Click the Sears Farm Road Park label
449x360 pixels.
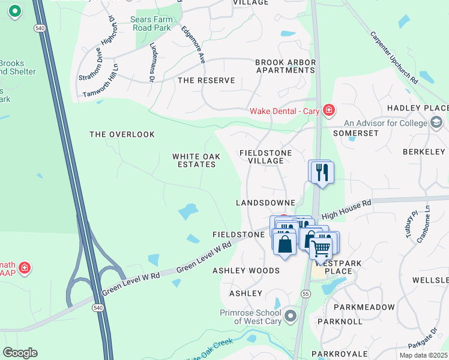(x=151, y=23)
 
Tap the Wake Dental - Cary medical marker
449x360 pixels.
(x=328, y=110)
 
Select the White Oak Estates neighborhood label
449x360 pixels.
(x=196, y=160)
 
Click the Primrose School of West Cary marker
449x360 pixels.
(x=291, y=315)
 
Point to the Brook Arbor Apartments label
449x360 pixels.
(x=285, y=66)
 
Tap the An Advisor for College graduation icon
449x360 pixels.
(x=437, y=123)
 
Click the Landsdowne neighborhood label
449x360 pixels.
(x=265, y=203)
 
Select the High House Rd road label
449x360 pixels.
(x=346, y=211)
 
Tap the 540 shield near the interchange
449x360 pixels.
(x=98, y=307)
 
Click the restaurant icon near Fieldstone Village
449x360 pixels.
(x=321, y=172)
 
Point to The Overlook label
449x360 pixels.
(x=122, y=134)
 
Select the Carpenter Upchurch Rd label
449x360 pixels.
(x=394, y=57)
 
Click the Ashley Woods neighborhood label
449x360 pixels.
(x=246, y=271)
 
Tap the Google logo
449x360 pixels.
(x=20, y=353)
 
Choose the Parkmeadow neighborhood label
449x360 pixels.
(x=364, y=307)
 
